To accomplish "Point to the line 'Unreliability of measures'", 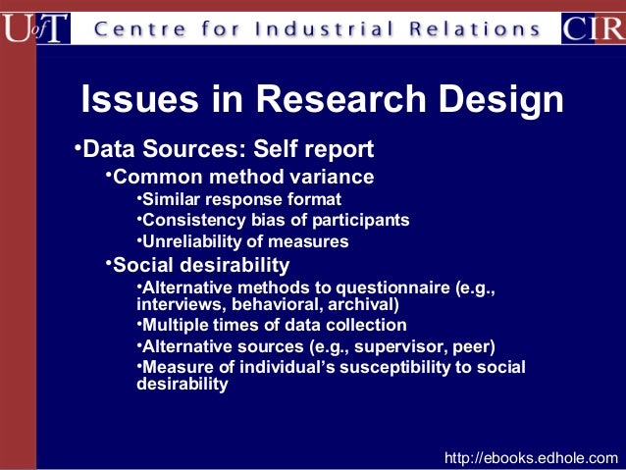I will pyautogui.click(x=245, y=241).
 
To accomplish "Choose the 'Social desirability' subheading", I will pyautogui.click(x=201, y=265).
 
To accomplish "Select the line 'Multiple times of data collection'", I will pyautogui.click(x=274, y=325).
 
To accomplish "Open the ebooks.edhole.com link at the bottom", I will pyautogui.click(x=532, y=457).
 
